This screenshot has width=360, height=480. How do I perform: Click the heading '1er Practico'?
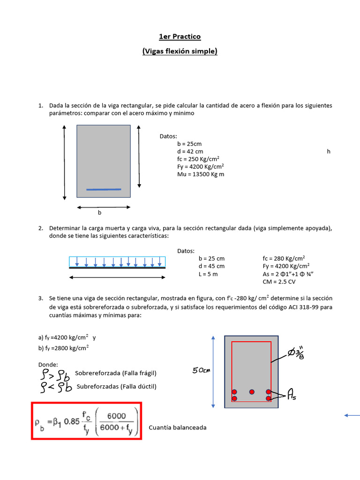180,37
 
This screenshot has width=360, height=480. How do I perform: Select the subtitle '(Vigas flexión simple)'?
180,52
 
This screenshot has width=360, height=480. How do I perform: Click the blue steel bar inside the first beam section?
104,189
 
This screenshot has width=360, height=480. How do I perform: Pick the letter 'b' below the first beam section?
99,212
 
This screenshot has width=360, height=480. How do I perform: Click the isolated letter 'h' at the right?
329,151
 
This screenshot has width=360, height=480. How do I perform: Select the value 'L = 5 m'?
208,274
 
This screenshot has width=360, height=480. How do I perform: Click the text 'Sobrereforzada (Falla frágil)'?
115,373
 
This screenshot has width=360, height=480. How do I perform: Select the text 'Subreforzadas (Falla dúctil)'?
116,387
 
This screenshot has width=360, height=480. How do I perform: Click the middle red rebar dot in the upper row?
252,391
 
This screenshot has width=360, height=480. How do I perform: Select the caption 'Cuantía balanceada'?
177,427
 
